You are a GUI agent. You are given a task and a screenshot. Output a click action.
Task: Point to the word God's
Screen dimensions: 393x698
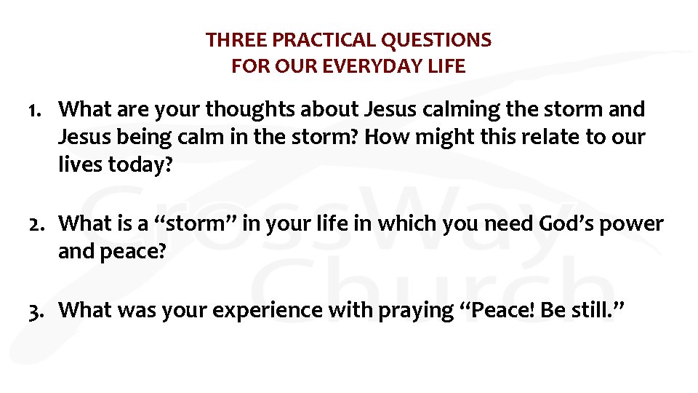click(565, 223)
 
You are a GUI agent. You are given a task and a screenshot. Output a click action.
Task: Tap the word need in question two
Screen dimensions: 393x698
click(510, 223)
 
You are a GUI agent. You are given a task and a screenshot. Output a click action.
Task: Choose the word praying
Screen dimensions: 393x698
click(414, 311)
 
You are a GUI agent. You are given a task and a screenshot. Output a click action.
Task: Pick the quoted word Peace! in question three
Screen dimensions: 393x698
click(500, 310)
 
